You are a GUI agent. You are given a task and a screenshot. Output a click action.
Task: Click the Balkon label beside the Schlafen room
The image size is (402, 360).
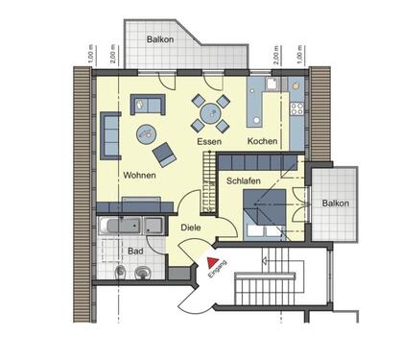pos(335,203)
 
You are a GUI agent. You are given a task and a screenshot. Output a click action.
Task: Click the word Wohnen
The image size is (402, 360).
pos(140,175)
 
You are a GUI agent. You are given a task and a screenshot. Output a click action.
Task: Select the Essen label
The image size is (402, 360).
pos(210,141)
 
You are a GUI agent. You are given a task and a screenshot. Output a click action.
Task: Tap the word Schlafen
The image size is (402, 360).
pos(245,180)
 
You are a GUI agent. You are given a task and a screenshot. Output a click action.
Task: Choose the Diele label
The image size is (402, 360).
pos(191,228)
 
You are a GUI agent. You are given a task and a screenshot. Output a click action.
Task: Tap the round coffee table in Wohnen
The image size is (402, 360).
pos(149,132)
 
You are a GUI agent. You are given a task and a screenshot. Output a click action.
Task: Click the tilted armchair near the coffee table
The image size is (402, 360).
pos(164,153)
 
